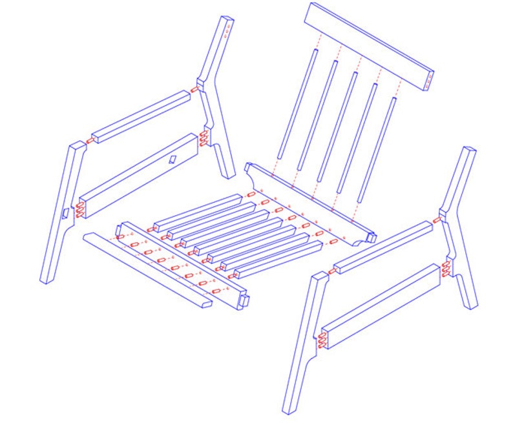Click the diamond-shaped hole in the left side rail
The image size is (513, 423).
(173, 159)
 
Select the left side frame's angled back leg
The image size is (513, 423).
(215, 97)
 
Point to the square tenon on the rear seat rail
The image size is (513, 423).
(370, 238)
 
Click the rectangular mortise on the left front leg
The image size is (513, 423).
(65, 214)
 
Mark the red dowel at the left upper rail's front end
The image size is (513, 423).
(90, 139)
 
